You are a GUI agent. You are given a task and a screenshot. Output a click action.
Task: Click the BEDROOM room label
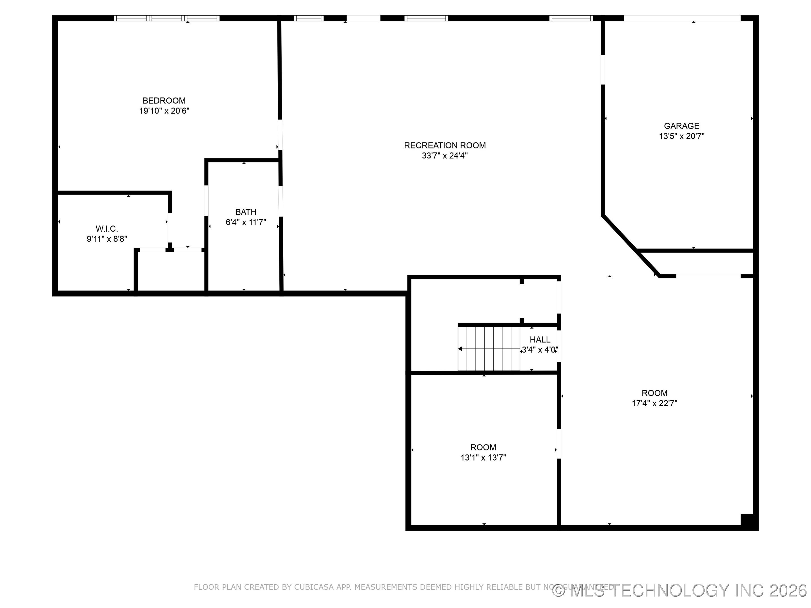pos(164,100)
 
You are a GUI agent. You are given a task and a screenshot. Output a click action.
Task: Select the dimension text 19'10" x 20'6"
pos(164,111)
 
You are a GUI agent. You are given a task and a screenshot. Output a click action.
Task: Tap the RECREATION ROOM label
pos(445,146)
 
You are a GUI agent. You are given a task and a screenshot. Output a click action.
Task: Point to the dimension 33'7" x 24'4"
pos(445,156)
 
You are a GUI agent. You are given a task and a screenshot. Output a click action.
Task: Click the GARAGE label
pos(681,126)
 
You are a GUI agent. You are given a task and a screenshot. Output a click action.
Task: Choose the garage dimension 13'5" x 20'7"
pos(681,136)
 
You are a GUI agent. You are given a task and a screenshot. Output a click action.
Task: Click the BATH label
pos(246,212)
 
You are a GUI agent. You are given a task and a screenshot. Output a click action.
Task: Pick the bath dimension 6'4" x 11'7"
pos(246,222)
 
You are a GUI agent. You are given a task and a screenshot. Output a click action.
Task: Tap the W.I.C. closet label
pos(107,229)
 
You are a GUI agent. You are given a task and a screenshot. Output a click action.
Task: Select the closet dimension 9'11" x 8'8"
pos(107,239)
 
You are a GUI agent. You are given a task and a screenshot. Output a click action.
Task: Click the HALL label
pos(540,340)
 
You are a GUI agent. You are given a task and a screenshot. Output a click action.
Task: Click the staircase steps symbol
pos(489,348)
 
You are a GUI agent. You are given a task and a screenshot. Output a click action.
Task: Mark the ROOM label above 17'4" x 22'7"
pos(654,393)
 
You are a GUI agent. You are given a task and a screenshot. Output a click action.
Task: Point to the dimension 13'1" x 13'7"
pos(483,457)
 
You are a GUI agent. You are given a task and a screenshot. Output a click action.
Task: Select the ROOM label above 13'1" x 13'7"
pos(483,447)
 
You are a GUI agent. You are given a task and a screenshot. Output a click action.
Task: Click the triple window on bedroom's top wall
pos(166,18)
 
